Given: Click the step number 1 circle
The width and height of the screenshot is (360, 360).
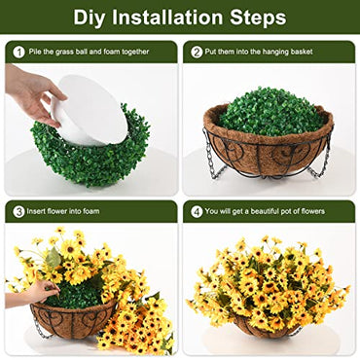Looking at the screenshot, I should (x=18, y=53).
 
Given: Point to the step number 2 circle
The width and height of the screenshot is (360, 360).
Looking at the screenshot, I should (x=197, y=53).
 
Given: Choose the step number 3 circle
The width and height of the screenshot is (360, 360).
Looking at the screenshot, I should (x=18, y=211).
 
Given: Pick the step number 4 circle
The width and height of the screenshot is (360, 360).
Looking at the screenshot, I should (x=197, y=211).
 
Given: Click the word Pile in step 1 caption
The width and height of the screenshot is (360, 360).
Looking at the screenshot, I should (x=37, y=53).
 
